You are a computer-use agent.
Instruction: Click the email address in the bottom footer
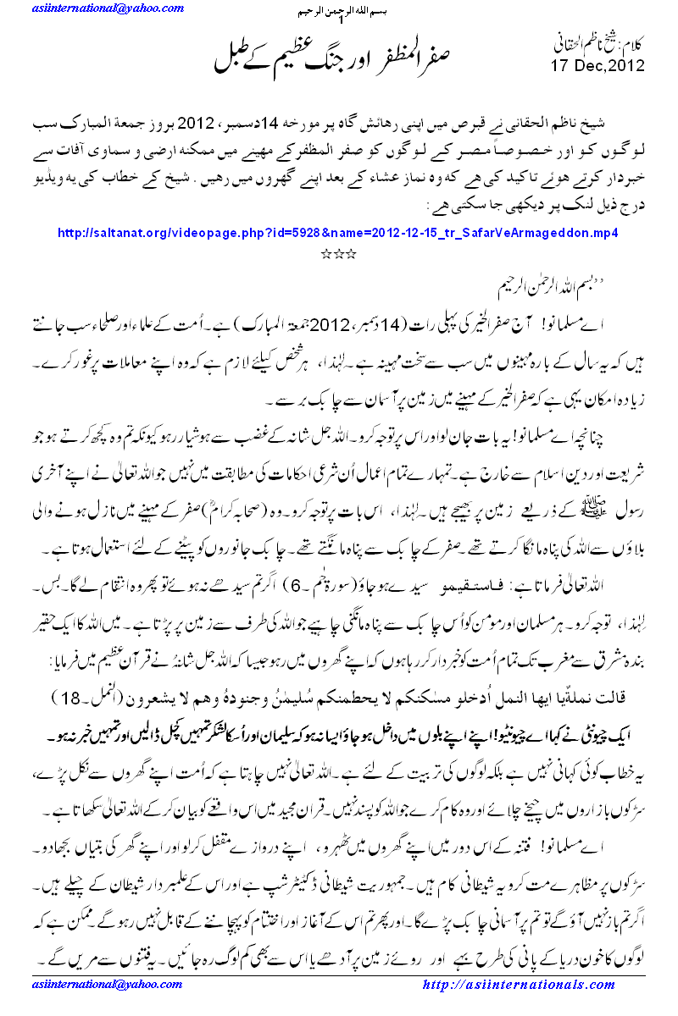click(x=95, y=984)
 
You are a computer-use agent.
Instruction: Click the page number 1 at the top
click(x=340, y=23)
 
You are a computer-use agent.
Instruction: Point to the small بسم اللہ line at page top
click(x=339, y=13)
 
